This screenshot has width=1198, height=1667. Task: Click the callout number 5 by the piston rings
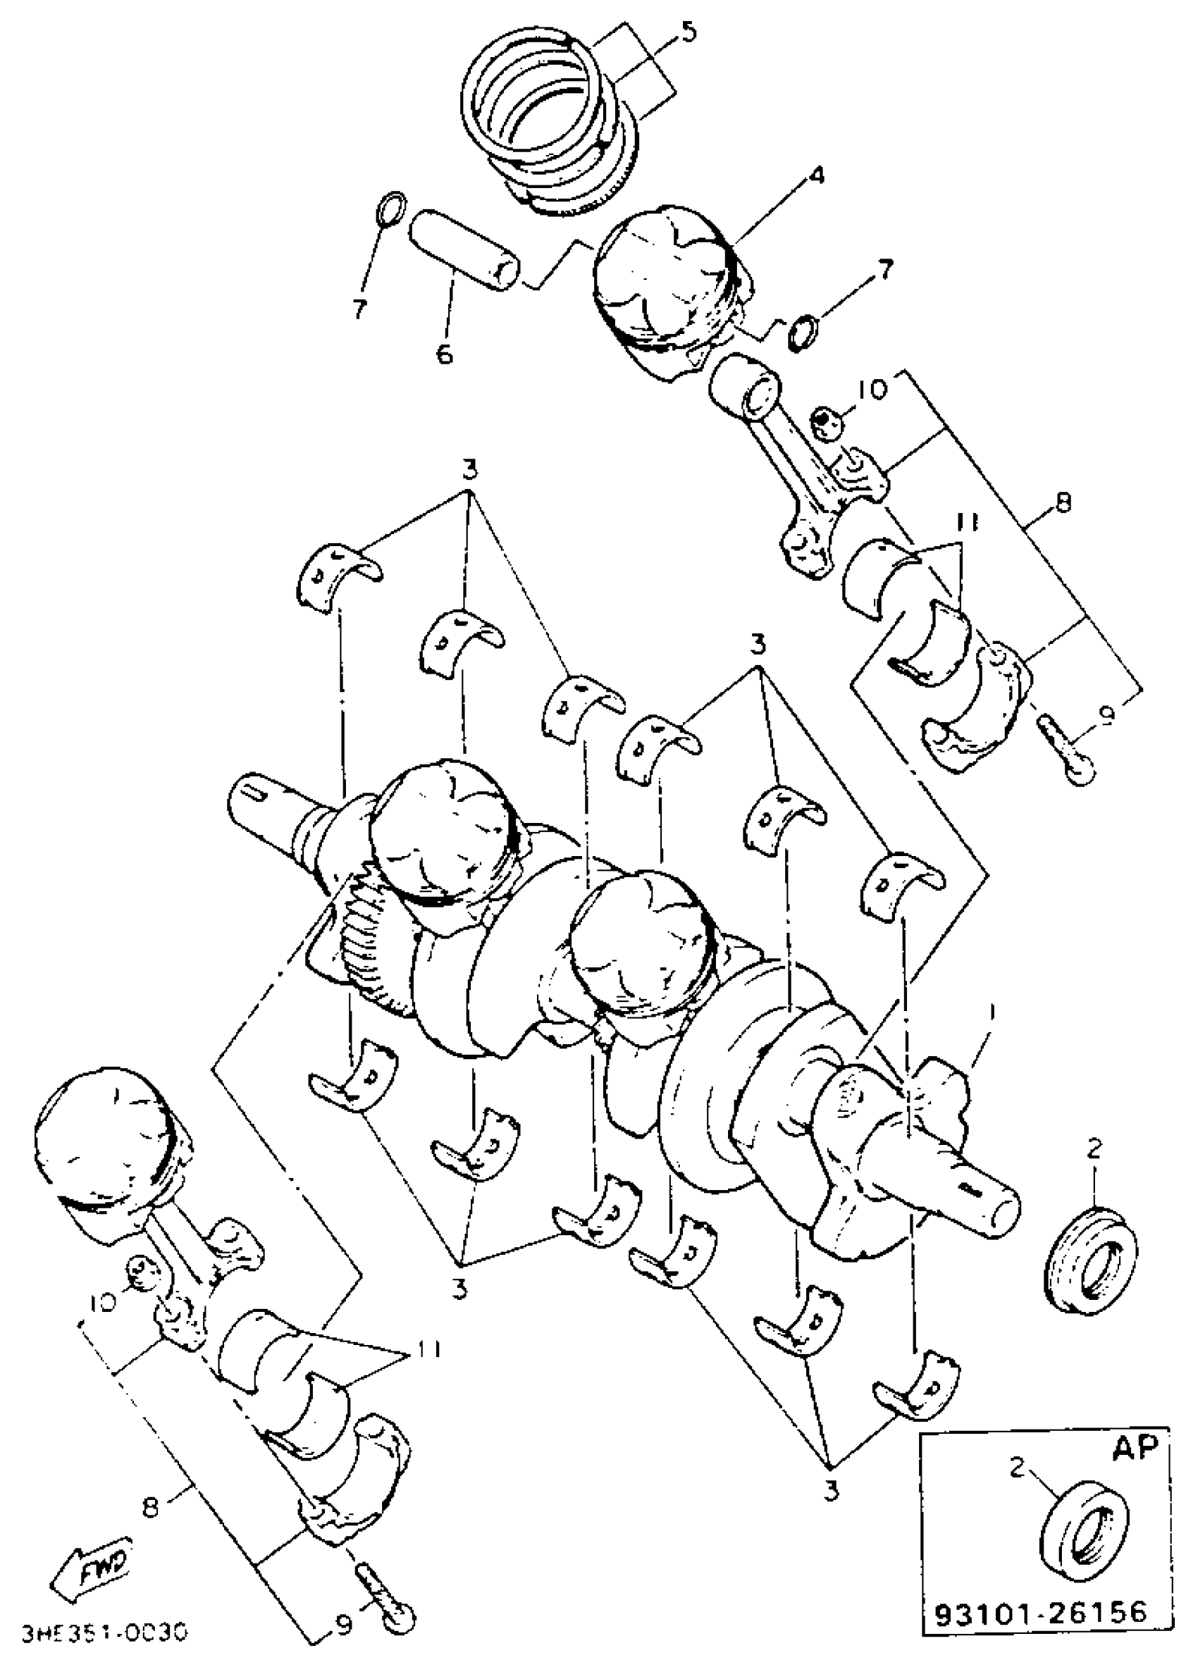688,34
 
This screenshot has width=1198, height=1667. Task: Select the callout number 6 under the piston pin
444,354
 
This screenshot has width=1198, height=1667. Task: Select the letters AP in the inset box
1135,1446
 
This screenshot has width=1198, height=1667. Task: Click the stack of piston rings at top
551,125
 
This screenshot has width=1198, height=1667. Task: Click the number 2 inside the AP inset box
1016,1468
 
